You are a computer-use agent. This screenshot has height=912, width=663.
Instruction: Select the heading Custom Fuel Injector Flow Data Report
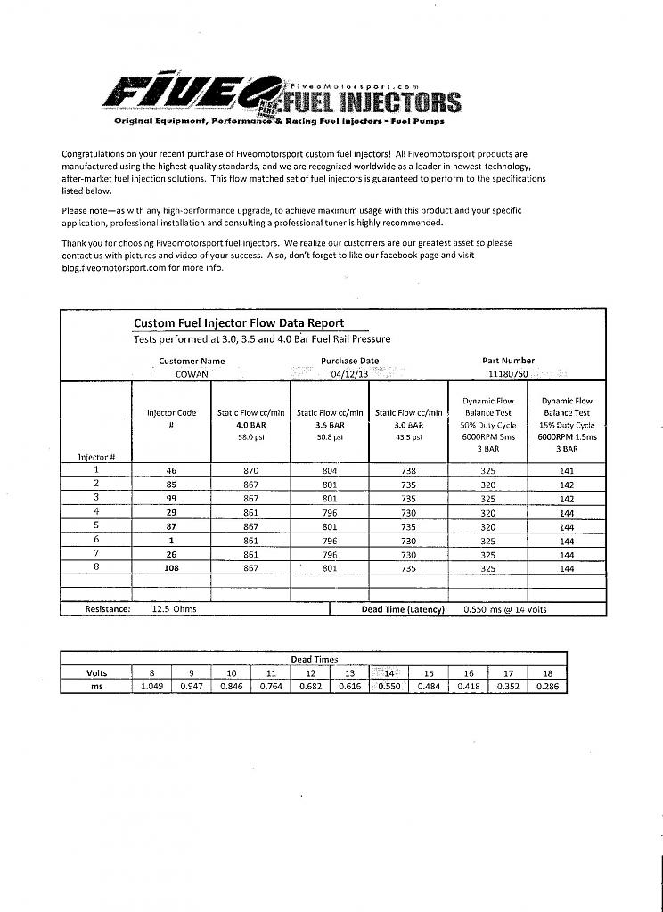(x=238, y=323)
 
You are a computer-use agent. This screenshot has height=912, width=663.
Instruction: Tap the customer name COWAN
(x=191, y=374)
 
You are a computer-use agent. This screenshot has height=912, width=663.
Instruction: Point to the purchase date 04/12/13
(x=349, y=374)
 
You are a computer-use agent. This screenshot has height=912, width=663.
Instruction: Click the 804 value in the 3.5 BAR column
(x=329, y=469)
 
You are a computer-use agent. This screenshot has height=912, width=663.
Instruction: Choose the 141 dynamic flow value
(x=567, y=469)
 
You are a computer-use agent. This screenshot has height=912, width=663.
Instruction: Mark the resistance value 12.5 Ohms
(x=175, y=609)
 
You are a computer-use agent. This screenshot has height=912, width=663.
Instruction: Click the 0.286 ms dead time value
(x=546, y=687)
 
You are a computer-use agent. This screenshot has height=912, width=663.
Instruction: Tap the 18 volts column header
(x=546, y=673)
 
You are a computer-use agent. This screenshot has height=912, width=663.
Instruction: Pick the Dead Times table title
(x=314, y=659)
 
